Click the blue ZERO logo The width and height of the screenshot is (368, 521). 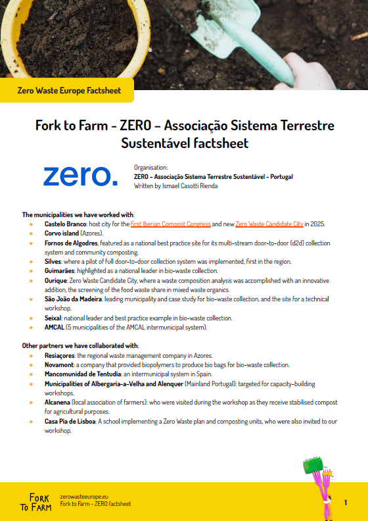point(81,176)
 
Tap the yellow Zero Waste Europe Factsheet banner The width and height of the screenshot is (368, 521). point(69,90)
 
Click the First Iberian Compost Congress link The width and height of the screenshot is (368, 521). point(171,224)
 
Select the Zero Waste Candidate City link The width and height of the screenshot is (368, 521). point(269,224)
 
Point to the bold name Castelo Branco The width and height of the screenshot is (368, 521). point(65,224)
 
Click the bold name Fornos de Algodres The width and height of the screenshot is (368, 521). point(71,243)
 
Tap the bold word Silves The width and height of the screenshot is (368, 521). point(53,261)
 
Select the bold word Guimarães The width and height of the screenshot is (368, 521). point(58,270)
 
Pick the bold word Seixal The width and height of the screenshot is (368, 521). point(53,318)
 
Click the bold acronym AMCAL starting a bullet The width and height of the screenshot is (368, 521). point(54,327)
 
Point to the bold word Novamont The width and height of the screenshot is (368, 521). point(58,364)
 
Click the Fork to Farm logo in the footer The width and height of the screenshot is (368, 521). point(40,501)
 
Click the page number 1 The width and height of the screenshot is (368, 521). point(346,503)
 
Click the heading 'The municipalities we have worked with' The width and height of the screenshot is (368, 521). point(78,214)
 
